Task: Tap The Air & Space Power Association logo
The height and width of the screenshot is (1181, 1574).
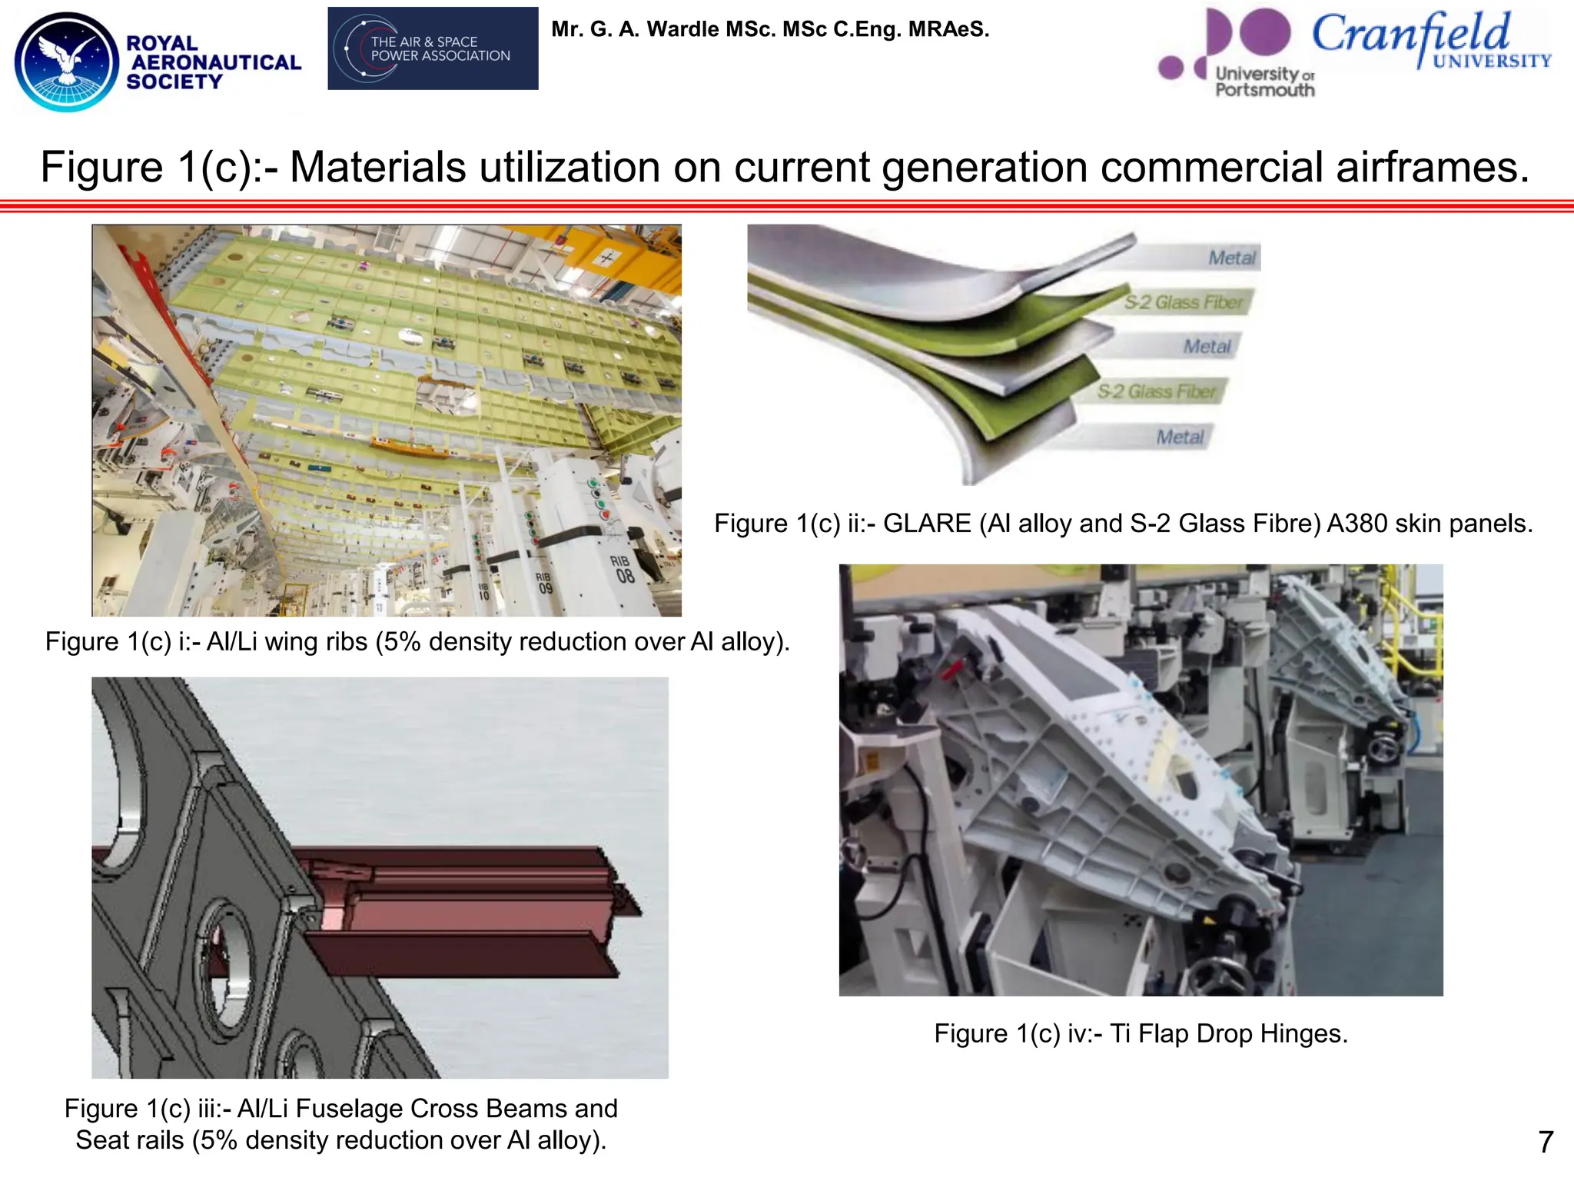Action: point(433,48)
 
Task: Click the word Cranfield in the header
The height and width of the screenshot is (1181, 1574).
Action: point(1410,35)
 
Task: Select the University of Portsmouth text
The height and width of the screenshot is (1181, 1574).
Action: point(1264,82)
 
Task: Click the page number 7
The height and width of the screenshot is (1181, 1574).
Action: point(1546,1142)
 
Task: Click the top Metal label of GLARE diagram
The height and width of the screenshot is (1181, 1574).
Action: point(1231,258)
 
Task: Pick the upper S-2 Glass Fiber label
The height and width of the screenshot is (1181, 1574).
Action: point(1183,303)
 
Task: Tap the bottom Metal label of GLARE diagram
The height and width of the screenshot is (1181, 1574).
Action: point(1179,437)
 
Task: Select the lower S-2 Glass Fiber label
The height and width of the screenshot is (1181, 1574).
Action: point(1156,392)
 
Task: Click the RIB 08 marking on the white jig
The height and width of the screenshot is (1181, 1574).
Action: point(623,569)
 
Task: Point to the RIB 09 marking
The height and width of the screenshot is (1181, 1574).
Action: point(544,584)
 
